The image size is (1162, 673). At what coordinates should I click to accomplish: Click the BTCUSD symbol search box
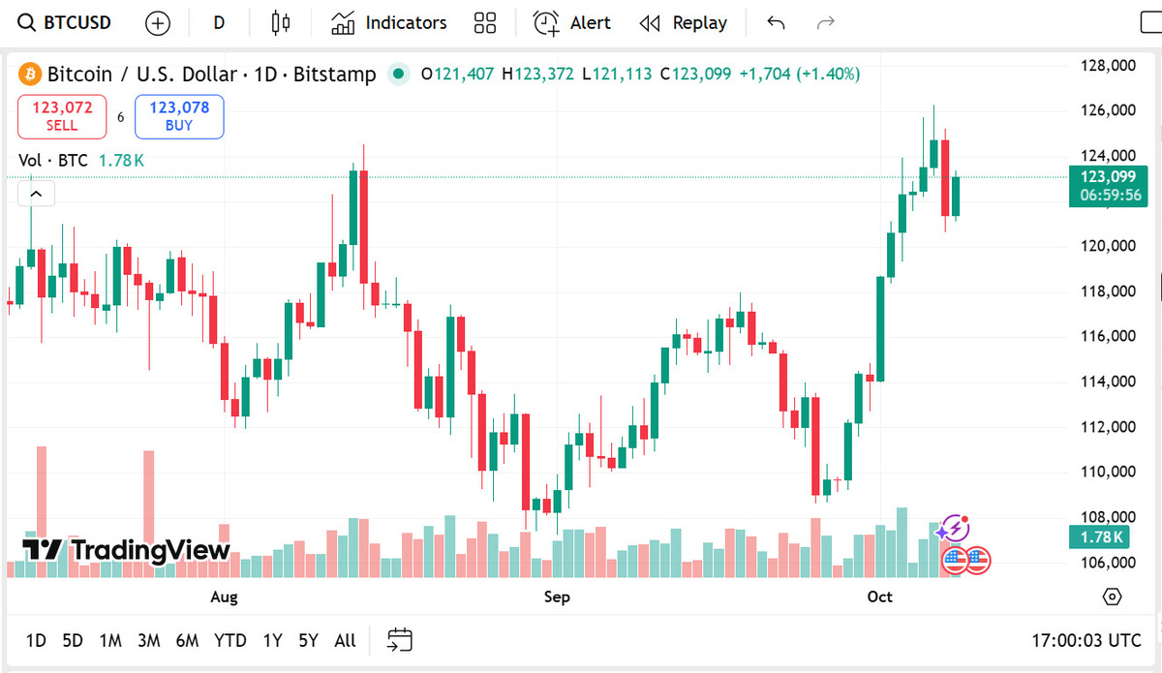pos(66,22)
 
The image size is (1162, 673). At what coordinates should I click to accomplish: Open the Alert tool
pos(572,22)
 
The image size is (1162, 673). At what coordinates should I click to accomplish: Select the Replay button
pos(684,22)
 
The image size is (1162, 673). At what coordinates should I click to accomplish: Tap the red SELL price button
pos(62,116)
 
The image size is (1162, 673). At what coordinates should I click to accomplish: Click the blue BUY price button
pos(179,116)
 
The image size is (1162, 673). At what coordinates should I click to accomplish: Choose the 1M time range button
pos(110,640)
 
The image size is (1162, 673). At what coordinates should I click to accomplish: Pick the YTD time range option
pos(229,640)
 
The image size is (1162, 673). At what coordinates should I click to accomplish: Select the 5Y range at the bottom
pos(308,640)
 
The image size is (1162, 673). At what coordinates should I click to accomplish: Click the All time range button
pos(345,640)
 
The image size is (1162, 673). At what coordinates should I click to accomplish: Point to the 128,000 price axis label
pos(1108,66)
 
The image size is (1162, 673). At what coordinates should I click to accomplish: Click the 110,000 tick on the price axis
pos(1108,472)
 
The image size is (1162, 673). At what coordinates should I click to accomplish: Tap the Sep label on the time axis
pos(557,597)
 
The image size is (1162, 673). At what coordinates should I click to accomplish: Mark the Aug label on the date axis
pos(224,597)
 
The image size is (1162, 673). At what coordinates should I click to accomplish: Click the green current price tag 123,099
pos(1109,176)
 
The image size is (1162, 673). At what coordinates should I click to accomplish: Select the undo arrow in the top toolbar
pos(776,22)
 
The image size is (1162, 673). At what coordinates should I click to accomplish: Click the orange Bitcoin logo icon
pos(29,74)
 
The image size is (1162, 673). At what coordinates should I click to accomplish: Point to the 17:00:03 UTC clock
pos(1086,640)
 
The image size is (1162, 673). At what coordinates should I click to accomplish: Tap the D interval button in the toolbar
pos(219,22)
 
